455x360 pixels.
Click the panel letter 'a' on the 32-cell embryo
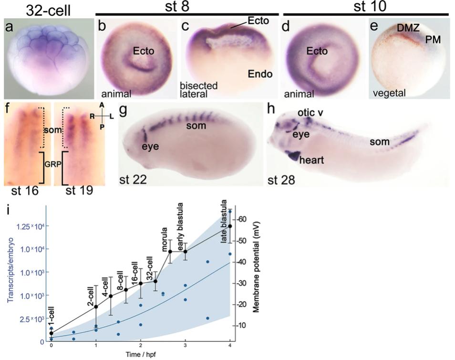click(9, 28)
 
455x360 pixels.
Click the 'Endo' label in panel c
click(259, 74)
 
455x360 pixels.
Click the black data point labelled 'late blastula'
click(230, 226)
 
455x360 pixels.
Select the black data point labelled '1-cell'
click(52, 333)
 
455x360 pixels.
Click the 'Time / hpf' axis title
click(140, 354)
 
